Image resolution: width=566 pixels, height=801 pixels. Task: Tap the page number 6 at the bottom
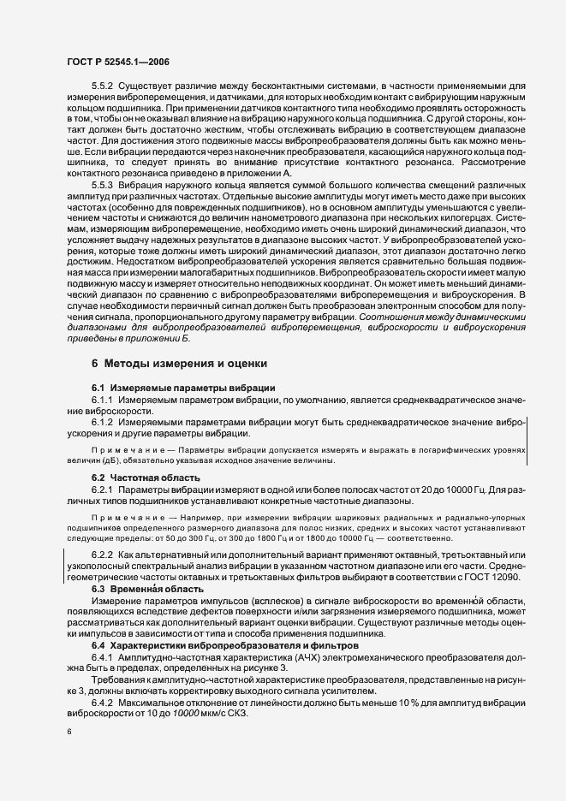[x=69, y=733]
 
